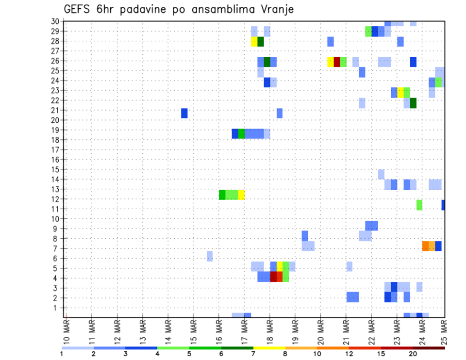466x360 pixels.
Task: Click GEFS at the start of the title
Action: pos(78,9)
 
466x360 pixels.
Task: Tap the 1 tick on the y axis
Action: pos(57,308)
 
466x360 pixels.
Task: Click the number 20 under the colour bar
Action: pos(413,353)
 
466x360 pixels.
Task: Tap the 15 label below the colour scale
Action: pos(381,353)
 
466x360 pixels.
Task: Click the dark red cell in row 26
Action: pos(337,62)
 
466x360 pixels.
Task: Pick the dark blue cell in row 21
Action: pos(184,113)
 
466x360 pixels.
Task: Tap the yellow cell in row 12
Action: pos(241,195)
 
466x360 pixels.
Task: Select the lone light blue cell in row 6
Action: pos(210,256)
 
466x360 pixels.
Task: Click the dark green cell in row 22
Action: pos(413,103)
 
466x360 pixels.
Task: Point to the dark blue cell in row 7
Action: pos(438,246)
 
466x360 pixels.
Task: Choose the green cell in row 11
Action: pos(419,205)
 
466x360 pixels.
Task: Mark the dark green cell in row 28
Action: pos(261,41)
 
